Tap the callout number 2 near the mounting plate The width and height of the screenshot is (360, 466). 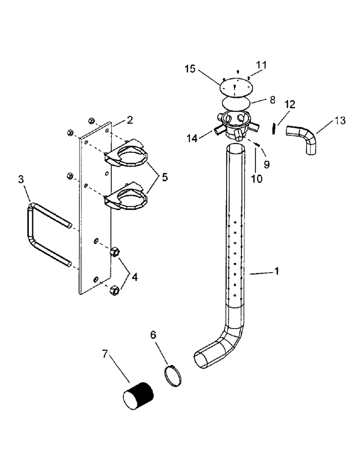(x=130, y=120)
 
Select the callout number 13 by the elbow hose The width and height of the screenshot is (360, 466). (x=340, y=121)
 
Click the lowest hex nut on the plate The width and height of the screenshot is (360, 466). (x=112, y=291)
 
